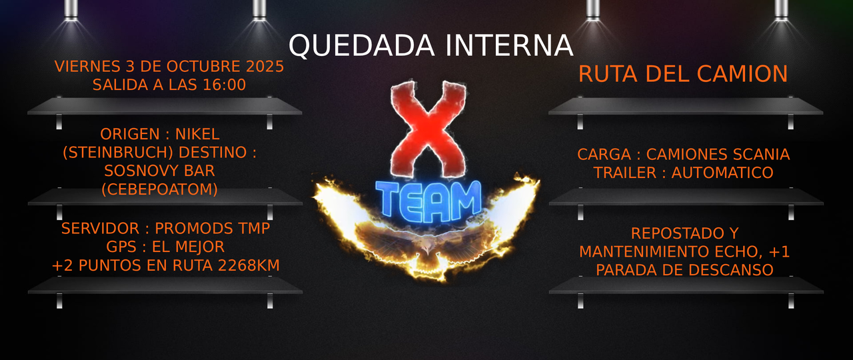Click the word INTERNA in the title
pyautogui.click(x=509, y=46)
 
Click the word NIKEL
pyautogui.click(x=197, y=135)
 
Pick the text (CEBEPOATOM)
pyautogui.click(x=159, y=189)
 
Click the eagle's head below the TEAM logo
pyautogui.click(x=426, y=249)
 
